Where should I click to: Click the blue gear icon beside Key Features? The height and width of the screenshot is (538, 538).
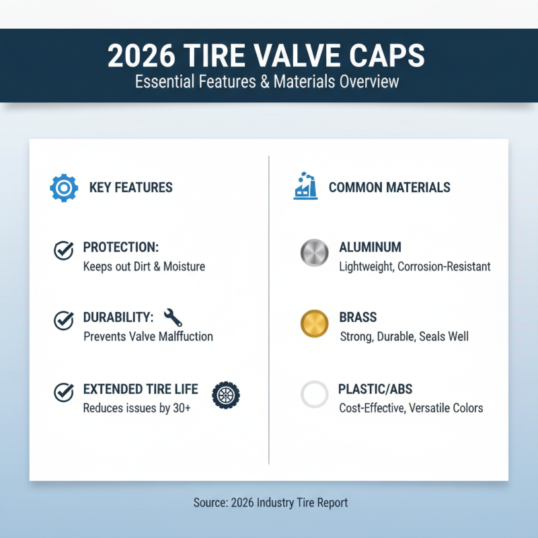pyautogui.click(x=64, y=188)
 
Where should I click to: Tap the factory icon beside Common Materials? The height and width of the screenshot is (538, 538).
pyautogui.click(x=305, y=186)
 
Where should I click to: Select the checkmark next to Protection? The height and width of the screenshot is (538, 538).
pyautogui.click(x=63, y=251)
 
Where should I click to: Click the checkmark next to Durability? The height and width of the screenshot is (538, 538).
pyautogui.click(x=63, y=320)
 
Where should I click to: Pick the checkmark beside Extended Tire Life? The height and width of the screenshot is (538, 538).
pyautogui.click(x=63, y=391)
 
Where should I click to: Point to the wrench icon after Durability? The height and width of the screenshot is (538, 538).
pyautogui.click(x=173, y=317)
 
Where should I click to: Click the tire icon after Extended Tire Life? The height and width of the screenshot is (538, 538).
pyautogui.click(x=225, y=394)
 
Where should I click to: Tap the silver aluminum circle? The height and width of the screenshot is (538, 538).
pyautogui.click(x=313, y=253)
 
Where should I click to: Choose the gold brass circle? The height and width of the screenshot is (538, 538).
pyautogui.click(x=313, y=323)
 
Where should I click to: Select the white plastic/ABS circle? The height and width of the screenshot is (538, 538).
pyautogui.click(x=314, y=395)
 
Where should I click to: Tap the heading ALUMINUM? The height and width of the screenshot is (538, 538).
pyautogui.click(x=371, y=247)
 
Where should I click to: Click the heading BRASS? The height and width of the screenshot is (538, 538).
pyautogui.click(x=358, y=317)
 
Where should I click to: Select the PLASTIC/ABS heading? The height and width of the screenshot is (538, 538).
pyautogui.click(x=375, y=389)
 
